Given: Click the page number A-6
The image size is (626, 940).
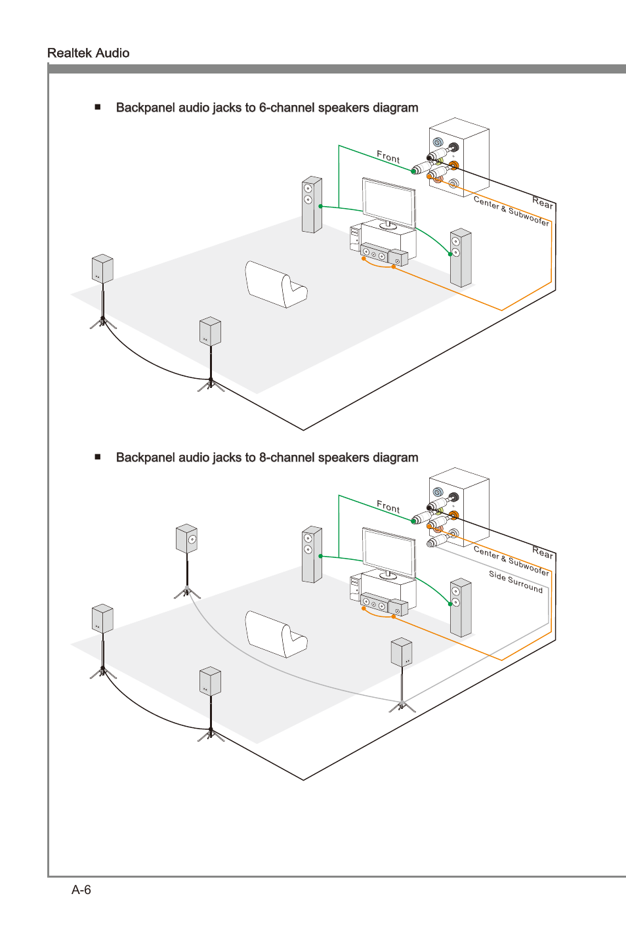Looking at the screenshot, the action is pyautogui.click(x=81, y=889).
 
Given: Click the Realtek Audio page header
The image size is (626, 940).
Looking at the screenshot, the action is pyautogui.click(x=88, y=53).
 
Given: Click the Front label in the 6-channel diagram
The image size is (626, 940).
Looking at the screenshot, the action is pyautogui.click(x=388, y=157).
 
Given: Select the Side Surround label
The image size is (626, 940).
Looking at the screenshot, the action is pyautogui.click(x=516, y=582).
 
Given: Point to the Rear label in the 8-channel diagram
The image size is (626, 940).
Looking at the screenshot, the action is pyautogui.click(x=543, y=553).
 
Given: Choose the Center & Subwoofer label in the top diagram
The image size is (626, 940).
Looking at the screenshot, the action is pyautogui.click(x=511, y=211).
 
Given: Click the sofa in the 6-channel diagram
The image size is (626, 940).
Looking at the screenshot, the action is pyautogui.click(x=276, y=284).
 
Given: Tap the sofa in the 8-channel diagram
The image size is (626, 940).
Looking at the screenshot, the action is pyautogui.click(x=276, y=634).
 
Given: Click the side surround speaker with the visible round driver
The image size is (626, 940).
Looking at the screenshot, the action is pyautogui.click(x=187, y=538).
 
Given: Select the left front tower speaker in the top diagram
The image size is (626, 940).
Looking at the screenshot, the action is pyautogui.click(x=312, y=204).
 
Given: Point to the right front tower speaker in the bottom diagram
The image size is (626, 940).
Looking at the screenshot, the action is pyautogui.click(x=461, y=607).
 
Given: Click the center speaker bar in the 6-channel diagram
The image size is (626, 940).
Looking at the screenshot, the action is pyautogui.click(x=374, y=253).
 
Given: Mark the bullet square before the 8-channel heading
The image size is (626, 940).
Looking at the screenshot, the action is pyautogui.click(x=98, y=457).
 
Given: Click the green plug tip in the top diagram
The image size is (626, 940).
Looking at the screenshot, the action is pyautogui.click(x=413, y=171).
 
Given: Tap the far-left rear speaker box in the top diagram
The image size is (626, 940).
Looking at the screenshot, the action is pyautogui.click(x=102, y=268).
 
